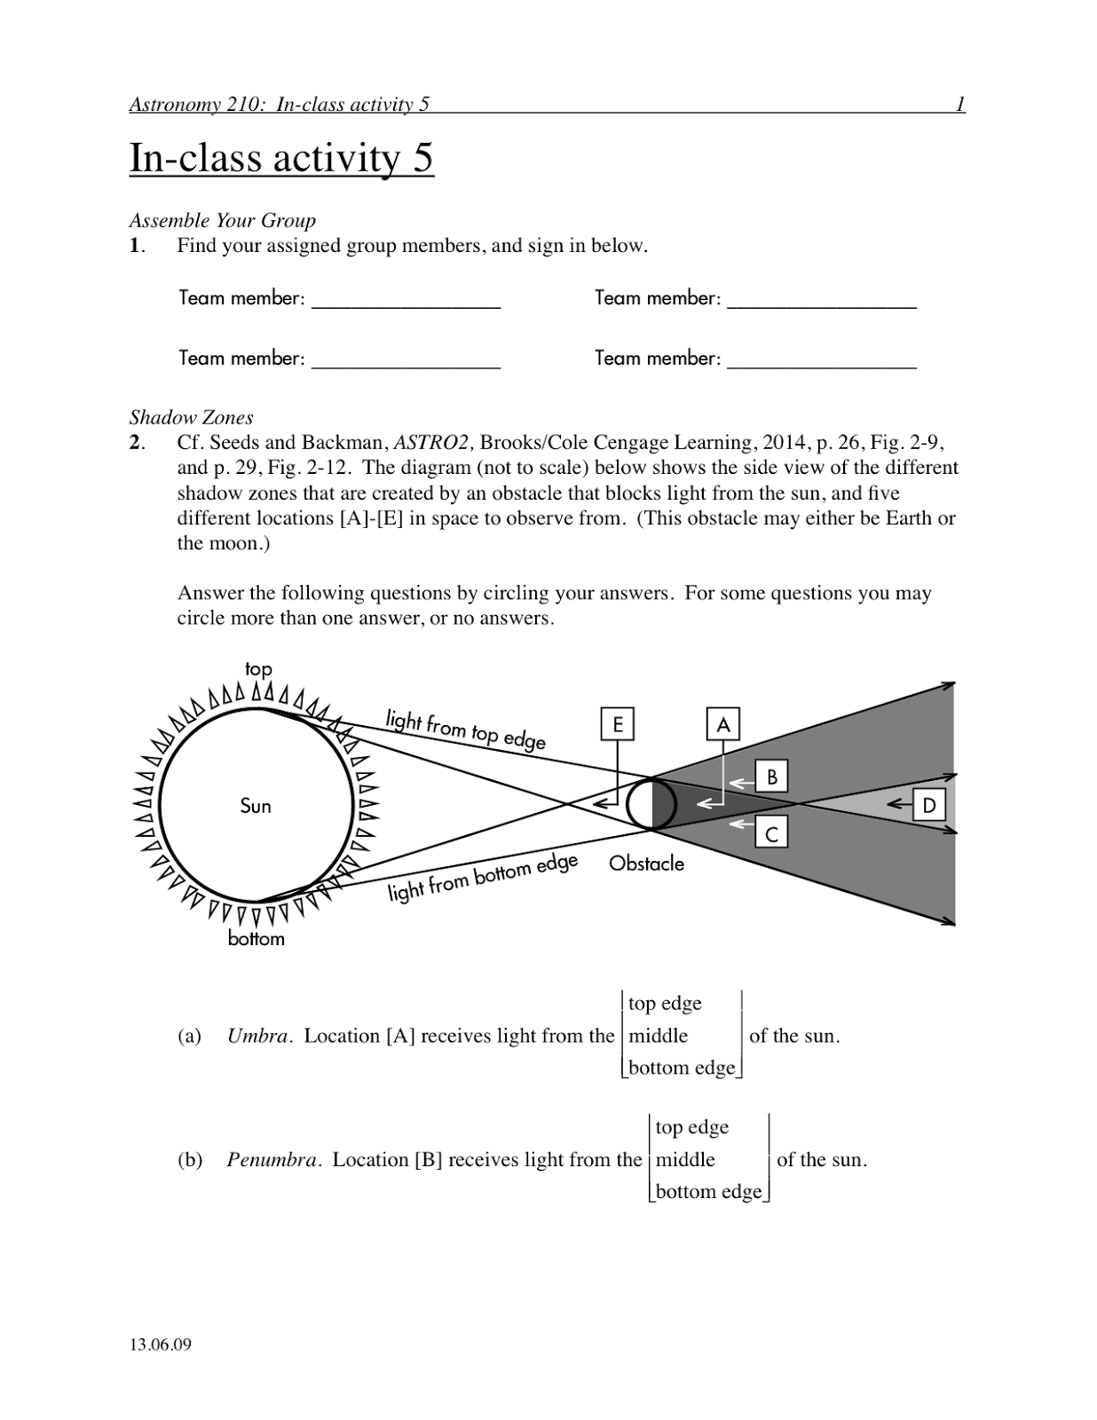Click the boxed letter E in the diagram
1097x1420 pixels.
coord(617,724)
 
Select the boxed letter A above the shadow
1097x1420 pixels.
coord(722,724)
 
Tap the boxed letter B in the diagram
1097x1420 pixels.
coord(771,777)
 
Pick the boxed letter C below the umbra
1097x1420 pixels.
coord(771,834)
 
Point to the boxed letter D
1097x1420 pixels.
coord(928,806)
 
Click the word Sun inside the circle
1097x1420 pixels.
coord(256,806)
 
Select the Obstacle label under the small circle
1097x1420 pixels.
coord(646,864)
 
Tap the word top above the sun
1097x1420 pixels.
coord(258,669)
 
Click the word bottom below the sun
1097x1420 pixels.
coord(256,939)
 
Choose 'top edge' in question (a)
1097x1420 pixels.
coord(665,1003)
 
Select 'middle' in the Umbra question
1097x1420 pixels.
coord(658,1036)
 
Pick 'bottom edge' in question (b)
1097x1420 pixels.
coord(708,1191)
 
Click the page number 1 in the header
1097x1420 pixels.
coord(959,105)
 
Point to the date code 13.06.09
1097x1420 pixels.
coord(160,1345)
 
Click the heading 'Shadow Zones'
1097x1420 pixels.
coord(191,417)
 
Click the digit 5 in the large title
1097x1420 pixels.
coord(422,158)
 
